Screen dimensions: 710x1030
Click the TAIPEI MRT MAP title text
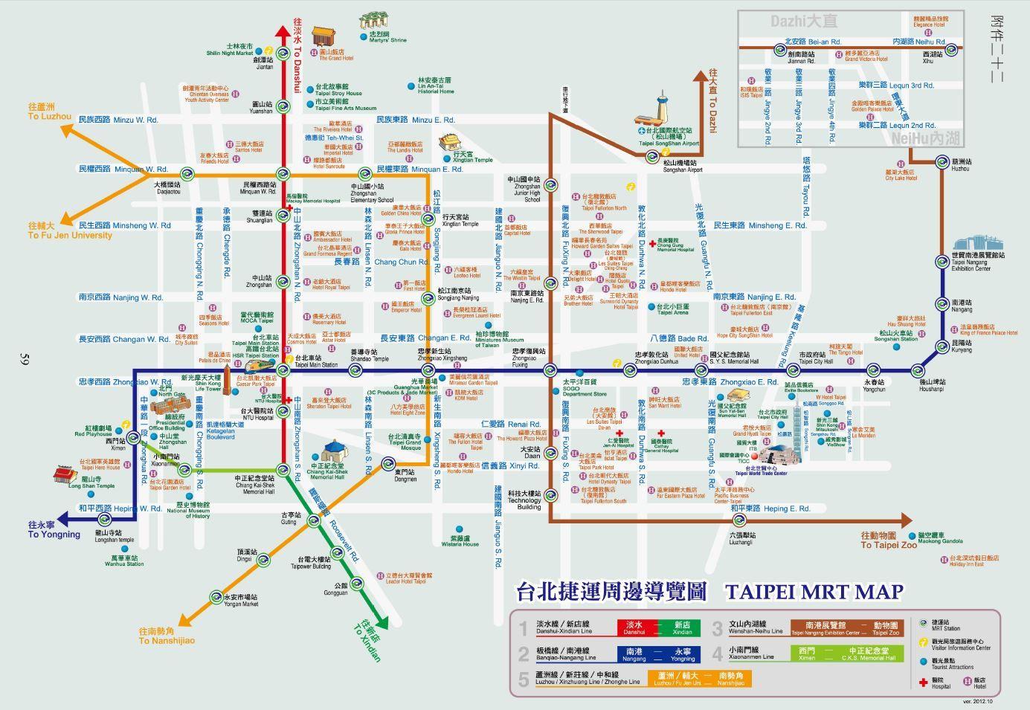(x=814, y=592)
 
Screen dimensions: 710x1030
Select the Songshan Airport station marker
(x=652, y=156)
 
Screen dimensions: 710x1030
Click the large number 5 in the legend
(x=524, y=679)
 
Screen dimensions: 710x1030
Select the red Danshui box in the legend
(x=634, y=628)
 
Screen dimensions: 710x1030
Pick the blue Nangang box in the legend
(x=634, y=653)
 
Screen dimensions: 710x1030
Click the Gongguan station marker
(x=355, y=583)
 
